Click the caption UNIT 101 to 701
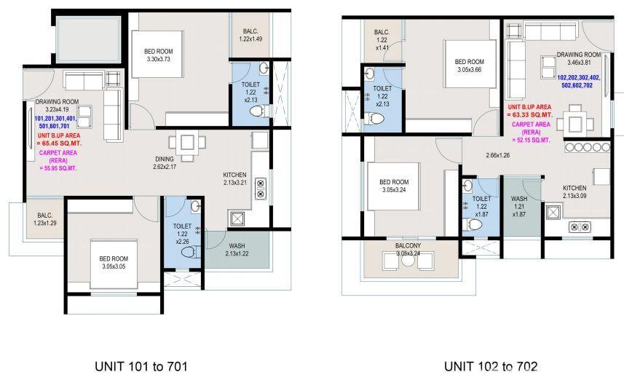coord(141,366)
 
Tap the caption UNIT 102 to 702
coord(491,366)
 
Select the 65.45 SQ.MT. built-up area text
coord(59,143)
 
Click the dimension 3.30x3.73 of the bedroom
coord(159,59)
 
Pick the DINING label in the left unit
coord(165,159)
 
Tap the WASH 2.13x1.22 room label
coord(237,250)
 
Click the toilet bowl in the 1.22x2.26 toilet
coord(190,252)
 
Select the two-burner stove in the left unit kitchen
coord(261,189)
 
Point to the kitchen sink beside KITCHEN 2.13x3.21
coord(237,219)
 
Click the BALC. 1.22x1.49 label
coord(250,35)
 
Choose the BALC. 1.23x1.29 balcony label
coord(45,219)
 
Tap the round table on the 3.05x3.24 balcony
coord(408,261)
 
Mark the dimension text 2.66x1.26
coord(498,155)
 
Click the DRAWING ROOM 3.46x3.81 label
coord(579,58)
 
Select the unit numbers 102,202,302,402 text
coord(579,78)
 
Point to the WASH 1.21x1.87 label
coord(519,206)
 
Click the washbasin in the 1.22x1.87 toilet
coord(468,186)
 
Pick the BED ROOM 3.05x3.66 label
coord(469,66)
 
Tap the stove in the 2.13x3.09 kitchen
coord(580,227)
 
